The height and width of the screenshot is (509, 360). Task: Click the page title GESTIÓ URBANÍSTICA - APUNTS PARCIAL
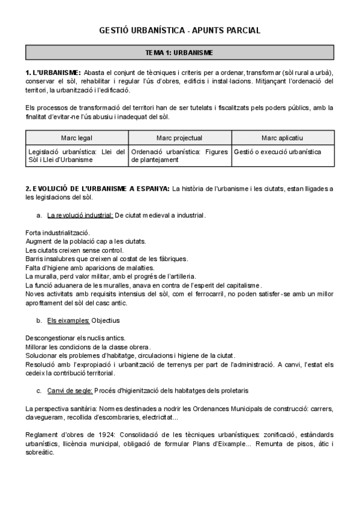pos(179,31)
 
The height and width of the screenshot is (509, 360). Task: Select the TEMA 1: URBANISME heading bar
pos(179,53)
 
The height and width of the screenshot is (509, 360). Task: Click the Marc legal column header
pos(77,138)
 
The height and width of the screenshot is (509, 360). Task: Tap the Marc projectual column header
pos(179,138)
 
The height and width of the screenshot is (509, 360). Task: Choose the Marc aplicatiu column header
pos(283,138)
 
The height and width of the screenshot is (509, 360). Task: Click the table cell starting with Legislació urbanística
pos(77,155)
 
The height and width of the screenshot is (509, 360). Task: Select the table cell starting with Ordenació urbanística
pos(179,155)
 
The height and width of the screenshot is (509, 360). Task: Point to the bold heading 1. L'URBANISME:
pos(53,73)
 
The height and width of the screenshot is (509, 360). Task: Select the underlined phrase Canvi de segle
pos(70,391)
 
